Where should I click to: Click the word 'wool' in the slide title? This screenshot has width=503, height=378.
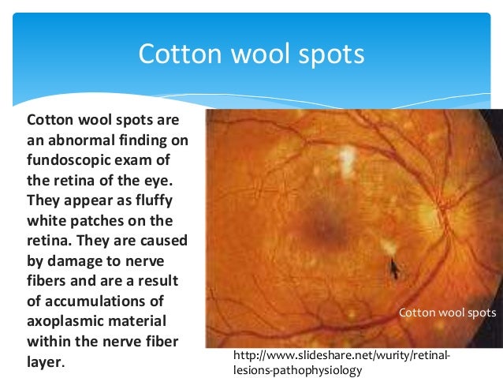pyautogui.click(x=259, y=54)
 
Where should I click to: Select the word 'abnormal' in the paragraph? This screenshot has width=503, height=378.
pyautogui.click(x=79, y=142)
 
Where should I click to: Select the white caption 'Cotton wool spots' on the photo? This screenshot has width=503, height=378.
pyautogui.click(x=447, y=313)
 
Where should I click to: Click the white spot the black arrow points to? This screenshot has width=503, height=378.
pyautogui.click(x=387, y=247)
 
